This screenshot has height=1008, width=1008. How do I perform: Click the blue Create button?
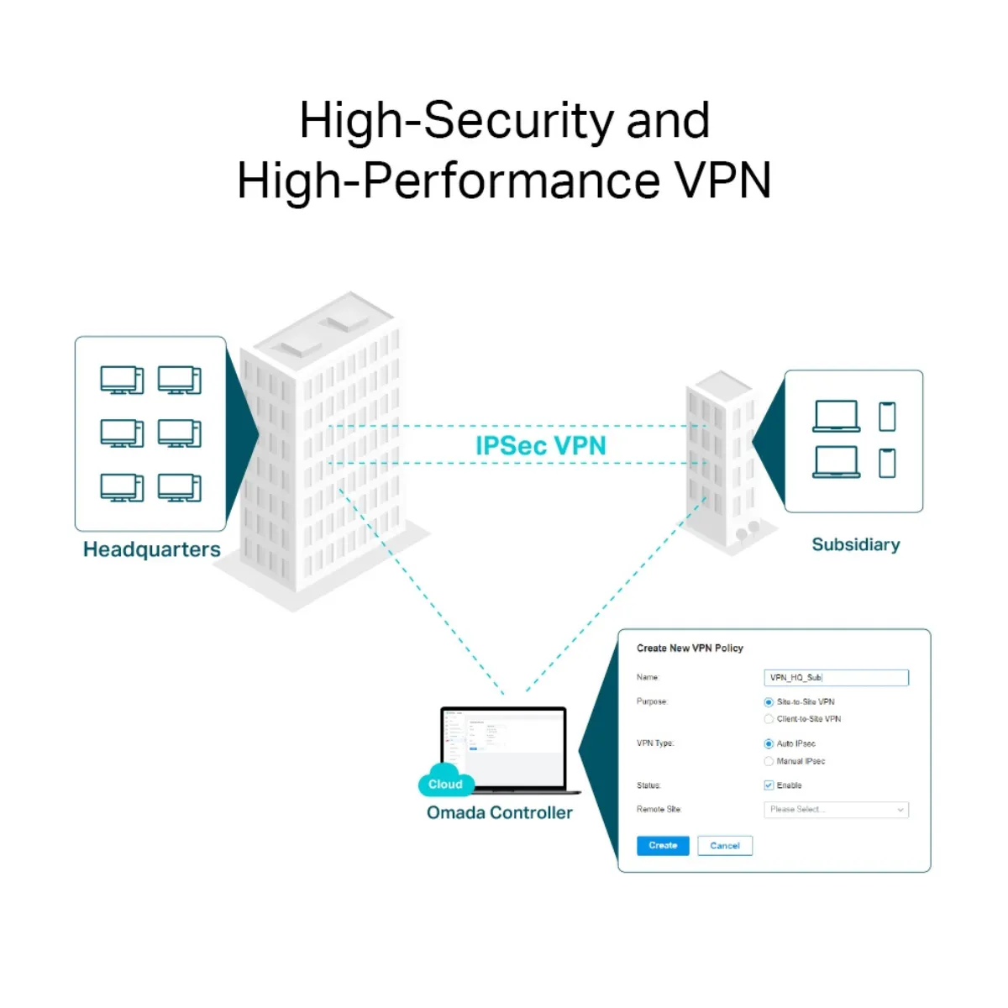tap(663, 846)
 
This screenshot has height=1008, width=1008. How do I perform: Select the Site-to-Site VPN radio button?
tap(769, 702)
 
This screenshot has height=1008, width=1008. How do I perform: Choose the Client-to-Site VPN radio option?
tap(769, 719)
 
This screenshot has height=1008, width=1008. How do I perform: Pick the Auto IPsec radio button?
tap(769, 744)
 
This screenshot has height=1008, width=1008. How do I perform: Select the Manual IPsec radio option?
tap(769, 762)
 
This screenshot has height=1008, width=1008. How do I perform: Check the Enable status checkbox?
tap(769, 785)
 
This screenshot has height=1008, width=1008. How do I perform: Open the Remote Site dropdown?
tap(837, 810)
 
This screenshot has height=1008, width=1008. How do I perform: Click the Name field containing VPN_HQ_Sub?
tap(837, 678)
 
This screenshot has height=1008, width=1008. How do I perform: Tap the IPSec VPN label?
tap(540, 446)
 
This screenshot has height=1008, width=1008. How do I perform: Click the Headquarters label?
tap(152, 549)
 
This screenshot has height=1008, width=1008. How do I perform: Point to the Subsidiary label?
tap(855, 544)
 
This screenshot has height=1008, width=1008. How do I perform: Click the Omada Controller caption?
tap(499, 812)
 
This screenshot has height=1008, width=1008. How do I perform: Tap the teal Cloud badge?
tap(445, 783)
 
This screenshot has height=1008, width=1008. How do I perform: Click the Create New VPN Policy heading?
tap(690, 648)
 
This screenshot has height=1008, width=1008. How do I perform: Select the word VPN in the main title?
tap(723, 181)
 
